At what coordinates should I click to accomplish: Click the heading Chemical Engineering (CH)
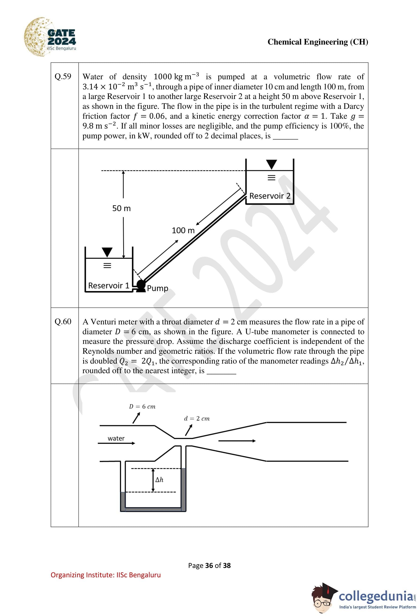pos(317,42)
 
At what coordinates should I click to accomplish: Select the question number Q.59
pos(63,76)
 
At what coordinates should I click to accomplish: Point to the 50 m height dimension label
pos(121,208)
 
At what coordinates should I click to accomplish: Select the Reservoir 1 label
pos(109,285)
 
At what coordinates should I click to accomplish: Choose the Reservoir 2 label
pos(270,196)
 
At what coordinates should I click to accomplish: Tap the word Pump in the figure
pos(157,288)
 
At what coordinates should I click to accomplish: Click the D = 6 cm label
pos(142,406)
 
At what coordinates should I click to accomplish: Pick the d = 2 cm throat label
pos(197,418)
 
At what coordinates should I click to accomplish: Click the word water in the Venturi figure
pos(116,438)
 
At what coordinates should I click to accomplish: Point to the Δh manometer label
pos(159,480)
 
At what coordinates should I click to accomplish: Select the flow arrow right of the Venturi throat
pos(237,441)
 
